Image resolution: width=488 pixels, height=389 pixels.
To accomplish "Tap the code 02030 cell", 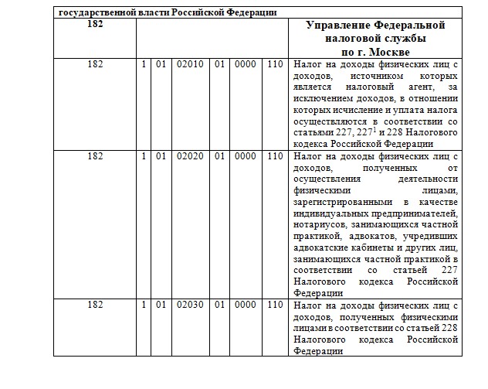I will tap(190, 305).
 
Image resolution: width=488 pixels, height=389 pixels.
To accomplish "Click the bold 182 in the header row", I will tap(95, 26).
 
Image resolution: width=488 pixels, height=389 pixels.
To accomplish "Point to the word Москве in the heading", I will tap(392, 51).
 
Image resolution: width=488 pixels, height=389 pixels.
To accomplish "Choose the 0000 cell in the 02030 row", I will tap(245, 305).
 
